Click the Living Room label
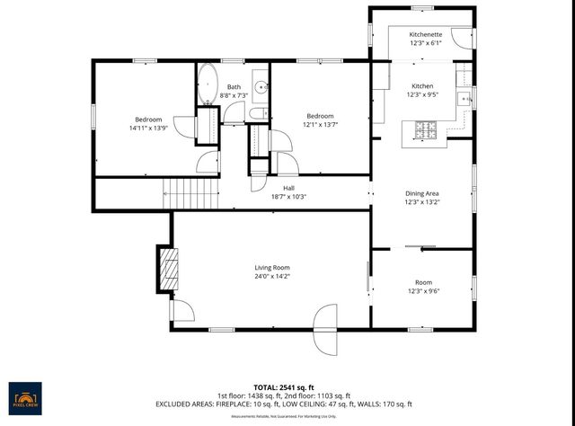click(271, 268)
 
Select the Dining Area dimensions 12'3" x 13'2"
click(422, 203)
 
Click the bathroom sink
click(261, 87)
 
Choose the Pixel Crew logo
click(27, 396)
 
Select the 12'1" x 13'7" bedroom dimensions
click(320, 126)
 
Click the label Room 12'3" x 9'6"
click(422, 287)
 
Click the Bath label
click(234, 86)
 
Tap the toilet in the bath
click(257, 113)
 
